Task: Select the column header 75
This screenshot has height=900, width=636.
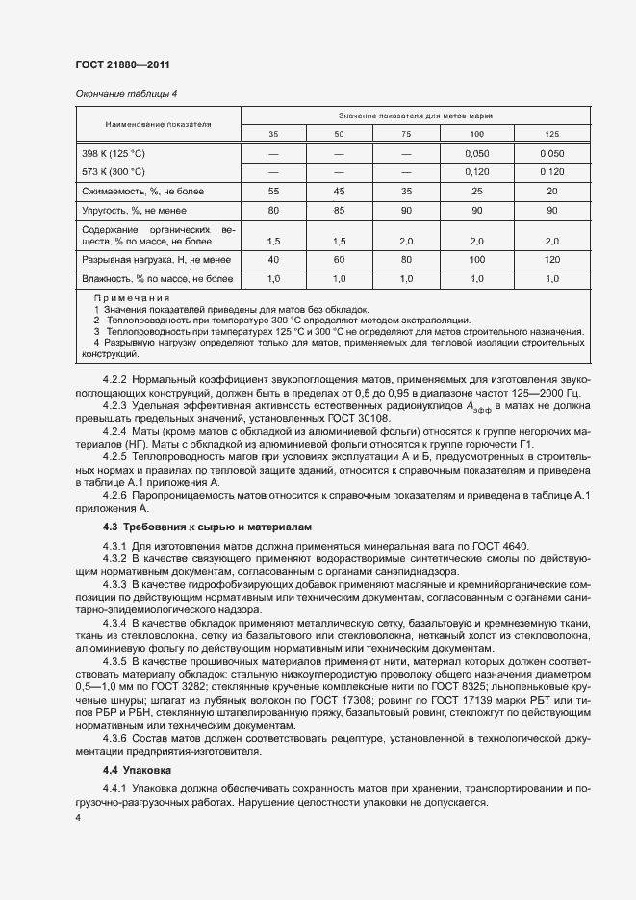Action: (x=405, y=134)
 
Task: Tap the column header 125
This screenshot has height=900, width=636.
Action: (x=551, y=134)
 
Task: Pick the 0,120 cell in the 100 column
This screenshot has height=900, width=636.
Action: (x=476, y=172)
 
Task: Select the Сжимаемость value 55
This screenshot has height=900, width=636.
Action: (x=273, y=191)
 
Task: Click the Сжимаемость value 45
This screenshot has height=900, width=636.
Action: (x=339, y=191)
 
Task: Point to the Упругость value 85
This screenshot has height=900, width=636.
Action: (x=339, y=210)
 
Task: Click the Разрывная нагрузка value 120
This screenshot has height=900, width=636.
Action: (x=551, y=259)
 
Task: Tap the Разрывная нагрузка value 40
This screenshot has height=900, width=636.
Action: (x=273, y=259)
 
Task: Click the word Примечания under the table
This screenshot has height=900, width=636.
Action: (x=132, y=299)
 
